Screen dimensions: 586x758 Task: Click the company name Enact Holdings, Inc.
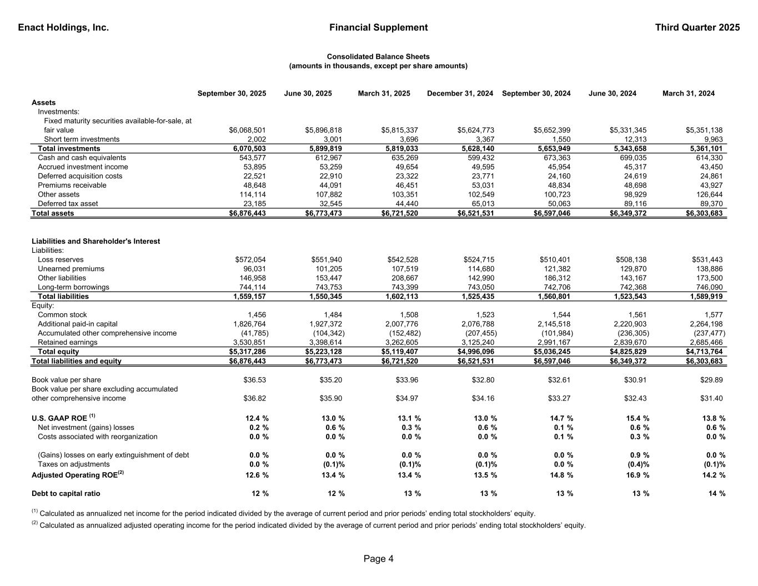click(63, 27)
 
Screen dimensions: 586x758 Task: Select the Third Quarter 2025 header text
click(697, 27)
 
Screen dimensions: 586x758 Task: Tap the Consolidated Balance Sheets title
click(378, 57)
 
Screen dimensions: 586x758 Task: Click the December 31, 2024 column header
click(460, 93)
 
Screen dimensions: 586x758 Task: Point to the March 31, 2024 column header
click(689, 93)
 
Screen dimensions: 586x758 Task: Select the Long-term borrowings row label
click(73, 287)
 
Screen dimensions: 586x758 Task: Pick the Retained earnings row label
click(67, 342)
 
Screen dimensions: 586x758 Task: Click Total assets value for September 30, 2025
click(247, 213)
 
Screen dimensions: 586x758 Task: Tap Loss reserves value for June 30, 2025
click(327, 259)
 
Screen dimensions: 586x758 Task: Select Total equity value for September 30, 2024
click(554, 352)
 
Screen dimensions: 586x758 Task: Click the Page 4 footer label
click(379, 559)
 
